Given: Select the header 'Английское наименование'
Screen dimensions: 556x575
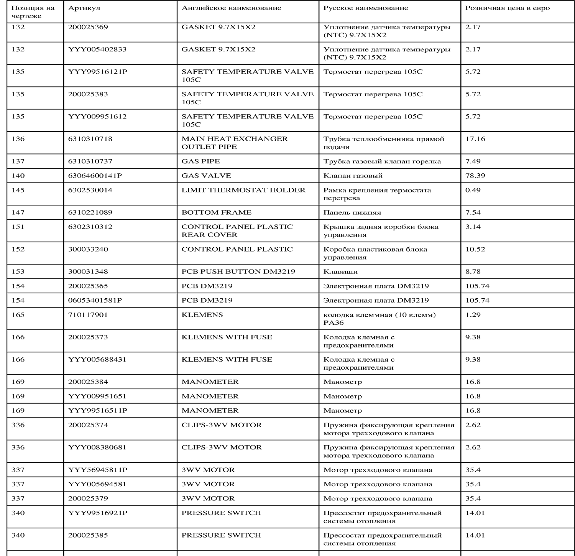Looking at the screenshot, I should pos(231,8).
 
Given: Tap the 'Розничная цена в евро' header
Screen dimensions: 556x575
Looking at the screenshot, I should pos(507,8).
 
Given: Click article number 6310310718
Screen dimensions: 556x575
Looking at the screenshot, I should pos(90,139).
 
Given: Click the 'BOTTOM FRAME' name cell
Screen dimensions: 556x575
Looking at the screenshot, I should pos(216,212).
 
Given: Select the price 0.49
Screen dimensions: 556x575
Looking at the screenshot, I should pos(473,190).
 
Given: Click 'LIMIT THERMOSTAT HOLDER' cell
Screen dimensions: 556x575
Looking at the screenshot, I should pos(243,190).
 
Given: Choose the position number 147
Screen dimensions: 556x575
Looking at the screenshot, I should pos(18,212).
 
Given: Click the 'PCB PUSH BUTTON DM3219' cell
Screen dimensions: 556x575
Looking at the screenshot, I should pos(238,271).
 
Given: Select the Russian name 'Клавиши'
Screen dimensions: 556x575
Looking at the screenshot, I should pos(340,271).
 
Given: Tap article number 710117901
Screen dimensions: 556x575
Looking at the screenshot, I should pos(88,315).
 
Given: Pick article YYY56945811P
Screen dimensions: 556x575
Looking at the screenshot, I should pos(97,470).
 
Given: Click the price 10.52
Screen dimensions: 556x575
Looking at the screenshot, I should pos(475,249).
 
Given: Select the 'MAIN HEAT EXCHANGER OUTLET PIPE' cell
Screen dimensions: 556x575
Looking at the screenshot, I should pos(234,143).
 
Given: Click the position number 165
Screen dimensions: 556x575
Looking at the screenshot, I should pos(18,315).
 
